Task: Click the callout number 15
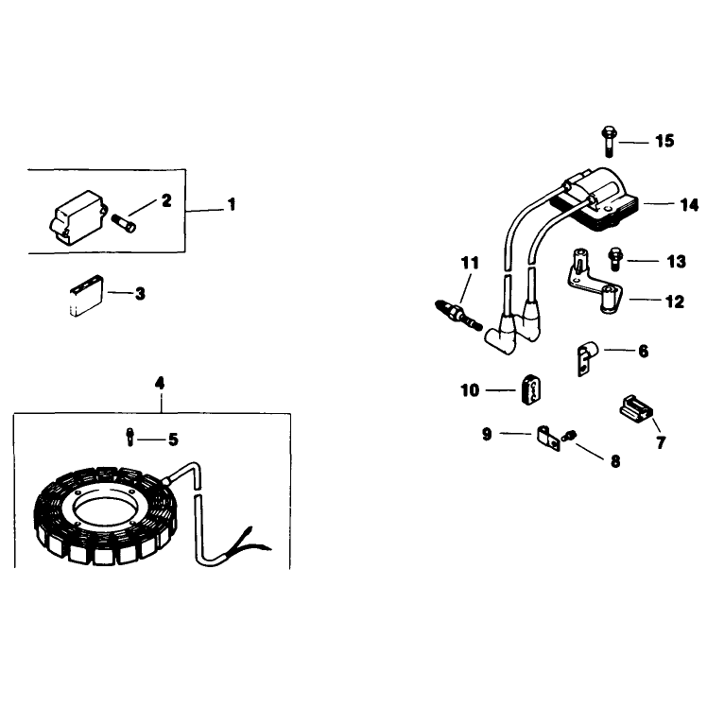[664, 141]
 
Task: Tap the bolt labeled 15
[609, 142]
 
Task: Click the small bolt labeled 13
[615, 259]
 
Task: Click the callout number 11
[470, 263]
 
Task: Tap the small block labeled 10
[531, 389]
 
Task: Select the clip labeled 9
[548, 438]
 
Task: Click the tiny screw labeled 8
[569, 436]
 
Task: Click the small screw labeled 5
[129, 437]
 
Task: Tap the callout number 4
[160, 384]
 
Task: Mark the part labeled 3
[87, 296]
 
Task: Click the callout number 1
[232, 204]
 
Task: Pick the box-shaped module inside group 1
[78, 218]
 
